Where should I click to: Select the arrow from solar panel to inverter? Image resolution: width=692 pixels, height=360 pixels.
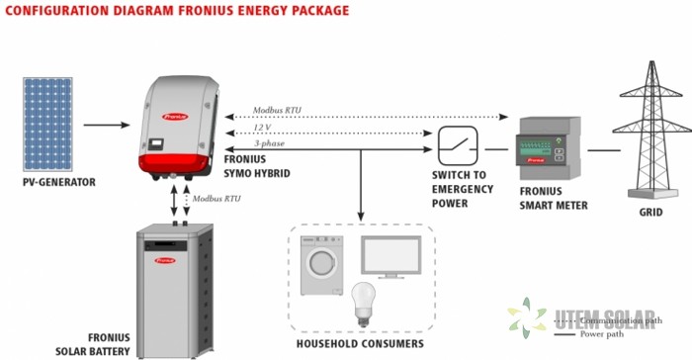pyautogui.click(x=106, y=126)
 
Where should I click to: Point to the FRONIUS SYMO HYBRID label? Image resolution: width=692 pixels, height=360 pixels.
pyautogui.click(x=254, y=165)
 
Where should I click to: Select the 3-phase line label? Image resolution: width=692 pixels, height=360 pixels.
pyautogui.click(x=270, y=144)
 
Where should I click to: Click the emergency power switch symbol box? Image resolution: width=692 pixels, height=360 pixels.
pyautogui.click(x=458, y=145)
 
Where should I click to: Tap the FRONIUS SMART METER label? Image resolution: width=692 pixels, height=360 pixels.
pyautogui.click(x=554, y=198)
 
